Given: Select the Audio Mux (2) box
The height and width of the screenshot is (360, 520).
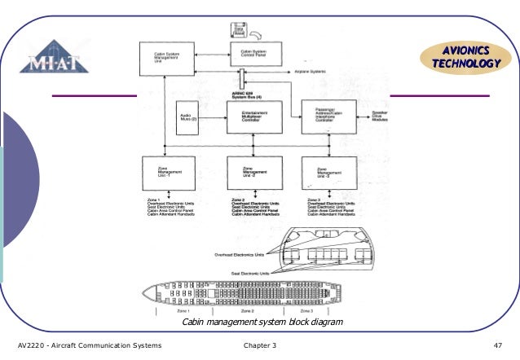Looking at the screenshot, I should click(x=189, y=116).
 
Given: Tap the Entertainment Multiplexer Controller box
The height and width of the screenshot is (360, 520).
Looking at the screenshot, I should click(x=254, y=116).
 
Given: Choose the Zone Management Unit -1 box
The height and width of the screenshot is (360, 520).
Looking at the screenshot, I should click(x=167, y=173).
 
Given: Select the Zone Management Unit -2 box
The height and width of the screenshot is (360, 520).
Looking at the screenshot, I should click(x=254, y=173).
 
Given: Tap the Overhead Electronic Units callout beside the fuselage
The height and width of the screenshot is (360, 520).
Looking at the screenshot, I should click(x=241, y=254).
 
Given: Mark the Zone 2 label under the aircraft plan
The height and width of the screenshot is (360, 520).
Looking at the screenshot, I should click(x=246, y=310).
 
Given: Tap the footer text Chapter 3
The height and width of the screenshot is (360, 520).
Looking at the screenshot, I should click(x=261, y=346).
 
